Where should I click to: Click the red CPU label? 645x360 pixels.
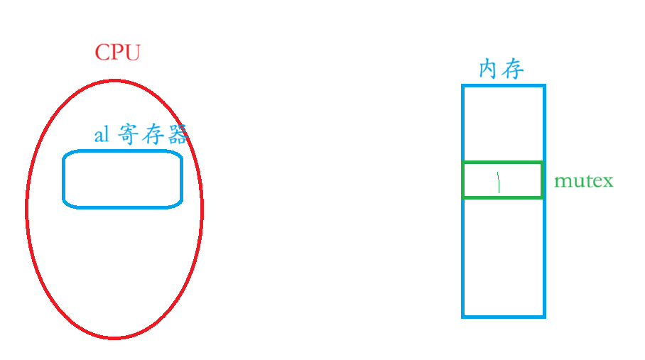point(118,53)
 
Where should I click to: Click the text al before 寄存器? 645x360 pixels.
point(102,135)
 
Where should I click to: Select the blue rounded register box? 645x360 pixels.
point(123,179)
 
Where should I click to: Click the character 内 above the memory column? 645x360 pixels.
point(489,70)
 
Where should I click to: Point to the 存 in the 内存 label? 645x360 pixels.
point(513,70)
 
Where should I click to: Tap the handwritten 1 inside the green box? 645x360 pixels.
point(499,182)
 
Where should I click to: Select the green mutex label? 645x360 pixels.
point(583,181)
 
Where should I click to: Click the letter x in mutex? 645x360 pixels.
point(607,182)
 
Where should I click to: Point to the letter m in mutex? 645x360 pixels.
point(561,182)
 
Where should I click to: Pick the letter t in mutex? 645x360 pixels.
point(586,181)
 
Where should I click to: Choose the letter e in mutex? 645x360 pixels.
point(596,182)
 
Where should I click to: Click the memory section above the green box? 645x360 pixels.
point(503,124)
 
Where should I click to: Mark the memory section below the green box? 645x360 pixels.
point(503,257)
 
